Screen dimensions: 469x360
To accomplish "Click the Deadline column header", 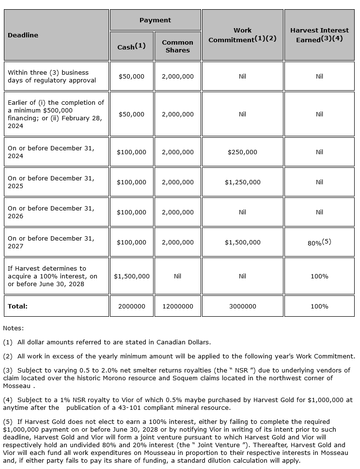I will pos(23,35).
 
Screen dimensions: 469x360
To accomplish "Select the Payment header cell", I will pos(155,20).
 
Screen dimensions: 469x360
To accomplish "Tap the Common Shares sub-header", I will pos(177,46).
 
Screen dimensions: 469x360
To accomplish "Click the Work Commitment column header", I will pos(242,35).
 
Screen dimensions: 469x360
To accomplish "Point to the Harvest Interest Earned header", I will pos(319,35).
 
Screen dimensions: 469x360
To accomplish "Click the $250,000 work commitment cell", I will pos(242,152).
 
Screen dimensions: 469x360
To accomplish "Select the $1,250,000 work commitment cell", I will pos(242,182).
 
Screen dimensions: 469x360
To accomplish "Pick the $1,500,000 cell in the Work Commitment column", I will pos(242,243).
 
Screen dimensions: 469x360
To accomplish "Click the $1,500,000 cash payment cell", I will pos(132,276).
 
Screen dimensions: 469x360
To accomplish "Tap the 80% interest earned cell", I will pos(319,243).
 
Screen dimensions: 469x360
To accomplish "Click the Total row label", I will pos(18,307).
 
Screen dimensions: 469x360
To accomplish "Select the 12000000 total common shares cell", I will pos(177,307).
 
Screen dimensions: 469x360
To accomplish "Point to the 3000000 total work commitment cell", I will pos(242,307).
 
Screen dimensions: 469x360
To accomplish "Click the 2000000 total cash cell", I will pos(132,307).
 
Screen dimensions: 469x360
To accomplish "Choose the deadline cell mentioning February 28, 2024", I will pos(56,114).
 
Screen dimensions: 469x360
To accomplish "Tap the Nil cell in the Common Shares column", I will pos(177,276).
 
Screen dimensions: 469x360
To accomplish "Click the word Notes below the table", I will pos(13,328).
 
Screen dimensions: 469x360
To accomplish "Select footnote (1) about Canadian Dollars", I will pos(107,342).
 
